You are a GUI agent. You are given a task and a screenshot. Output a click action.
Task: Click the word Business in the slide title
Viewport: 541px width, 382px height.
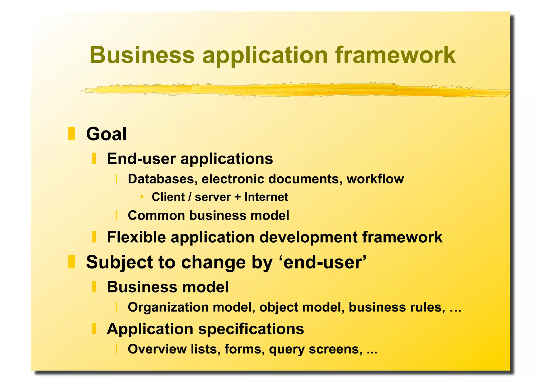click(x=142, y=55)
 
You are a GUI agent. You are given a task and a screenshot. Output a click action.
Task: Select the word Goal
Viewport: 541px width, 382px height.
click(x=106, y=134)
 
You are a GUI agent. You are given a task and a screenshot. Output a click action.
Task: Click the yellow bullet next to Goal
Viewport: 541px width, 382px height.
click(x=72, y=134)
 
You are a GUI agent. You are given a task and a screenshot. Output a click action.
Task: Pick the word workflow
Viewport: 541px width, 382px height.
click(x=375, y=179)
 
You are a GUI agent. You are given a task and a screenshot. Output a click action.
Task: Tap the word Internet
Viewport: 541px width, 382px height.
click(x=266, y=197)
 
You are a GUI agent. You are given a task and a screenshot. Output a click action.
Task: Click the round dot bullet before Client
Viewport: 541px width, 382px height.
click(x=142, y=197)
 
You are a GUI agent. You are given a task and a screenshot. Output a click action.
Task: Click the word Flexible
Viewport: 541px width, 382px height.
click(x=136, y=237)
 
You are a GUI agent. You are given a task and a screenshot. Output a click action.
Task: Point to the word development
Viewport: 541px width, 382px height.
click(x=308, y=237)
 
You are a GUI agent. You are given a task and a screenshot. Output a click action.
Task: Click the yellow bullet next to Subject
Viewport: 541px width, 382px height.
click(x=72, y=262)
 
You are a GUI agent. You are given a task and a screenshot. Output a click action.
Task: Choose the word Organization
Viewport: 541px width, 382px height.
click(x=168, y=307)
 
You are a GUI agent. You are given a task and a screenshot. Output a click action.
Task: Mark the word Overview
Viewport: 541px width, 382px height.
click(x=157, y=349)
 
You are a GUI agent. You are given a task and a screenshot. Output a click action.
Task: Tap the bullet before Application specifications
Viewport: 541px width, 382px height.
click(x=94, y=329)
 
